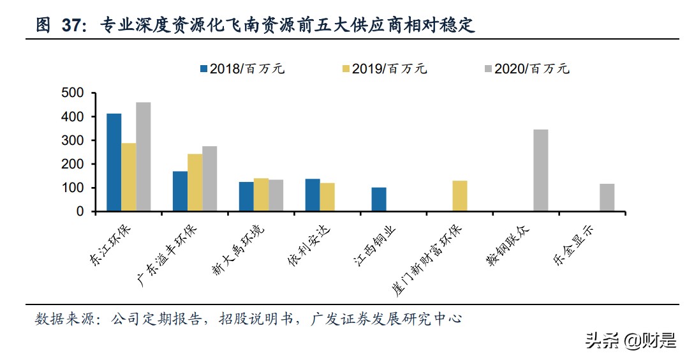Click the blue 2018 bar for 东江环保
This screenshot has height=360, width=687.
click(x=114, y=162)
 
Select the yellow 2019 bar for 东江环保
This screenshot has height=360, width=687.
click(x=128, y=177)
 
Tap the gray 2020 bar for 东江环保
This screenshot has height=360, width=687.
click(x=143, y=156)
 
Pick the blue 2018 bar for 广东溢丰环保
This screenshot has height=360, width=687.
click(x=180, y=191)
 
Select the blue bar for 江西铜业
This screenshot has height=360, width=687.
click(x=379, y=199)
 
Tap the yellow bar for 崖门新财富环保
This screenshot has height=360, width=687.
click(x=460, y=196)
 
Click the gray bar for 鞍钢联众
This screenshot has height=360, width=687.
click(x=540, y=170)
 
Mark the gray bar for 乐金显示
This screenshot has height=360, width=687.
click(x=607, y=197)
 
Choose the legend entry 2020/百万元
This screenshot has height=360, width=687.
click(x=526, y=69)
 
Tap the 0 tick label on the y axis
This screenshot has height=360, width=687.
click(x=80, y=211)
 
